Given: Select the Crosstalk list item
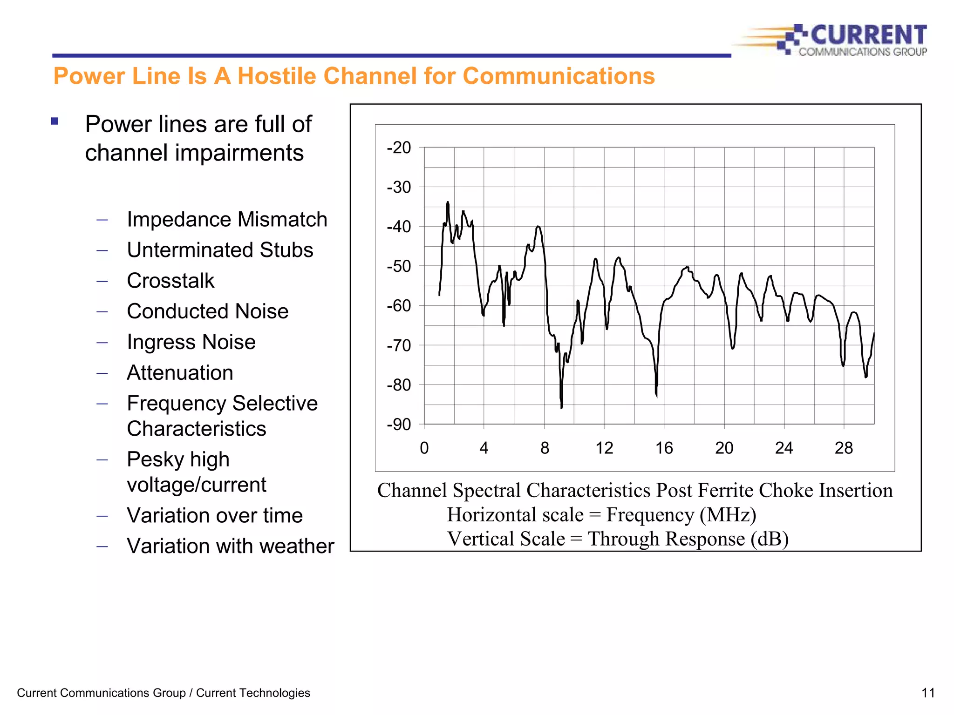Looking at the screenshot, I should [x=170, y=281].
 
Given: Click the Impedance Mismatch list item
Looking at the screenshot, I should [x=227, y=219].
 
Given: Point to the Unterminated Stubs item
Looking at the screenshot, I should [x=220, y=250].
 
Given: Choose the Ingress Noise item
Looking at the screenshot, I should [x=191, y=342].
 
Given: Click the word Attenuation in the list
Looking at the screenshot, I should [x=180, y=373].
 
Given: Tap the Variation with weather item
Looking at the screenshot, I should [x=230, y=546].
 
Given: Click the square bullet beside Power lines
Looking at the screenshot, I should [x=55, y=121].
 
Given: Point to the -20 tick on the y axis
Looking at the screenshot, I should [x=399, y=148].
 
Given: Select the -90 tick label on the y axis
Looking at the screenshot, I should [x=399, y=425].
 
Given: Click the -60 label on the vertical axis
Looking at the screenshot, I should [x=399, y=306].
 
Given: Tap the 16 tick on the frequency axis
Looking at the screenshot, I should [x=664, y=448].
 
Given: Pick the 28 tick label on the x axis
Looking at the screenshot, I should [x=844, y=448].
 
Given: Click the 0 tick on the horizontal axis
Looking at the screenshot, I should [x=424, y=448].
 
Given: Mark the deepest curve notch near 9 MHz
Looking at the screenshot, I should [x=562, y=407].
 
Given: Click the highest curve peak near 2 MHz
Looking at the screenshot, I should [x=448, y=203].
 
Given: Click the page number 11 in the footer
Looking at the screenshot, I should [x=928, y=693].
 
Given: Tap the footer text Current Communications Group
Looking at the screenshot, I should [x=101, y=693].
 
